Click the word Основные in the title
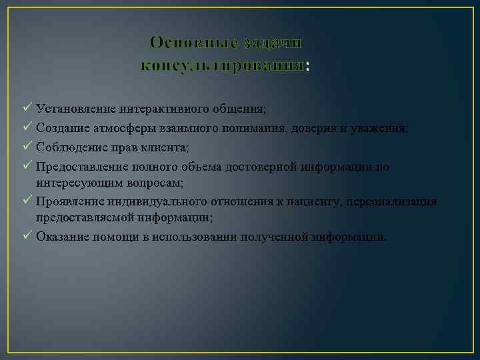point(192,42)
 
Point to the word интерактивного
point(167,107)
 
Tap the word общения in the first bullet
point(242,107)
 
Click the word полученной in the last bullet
point(275,237)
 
